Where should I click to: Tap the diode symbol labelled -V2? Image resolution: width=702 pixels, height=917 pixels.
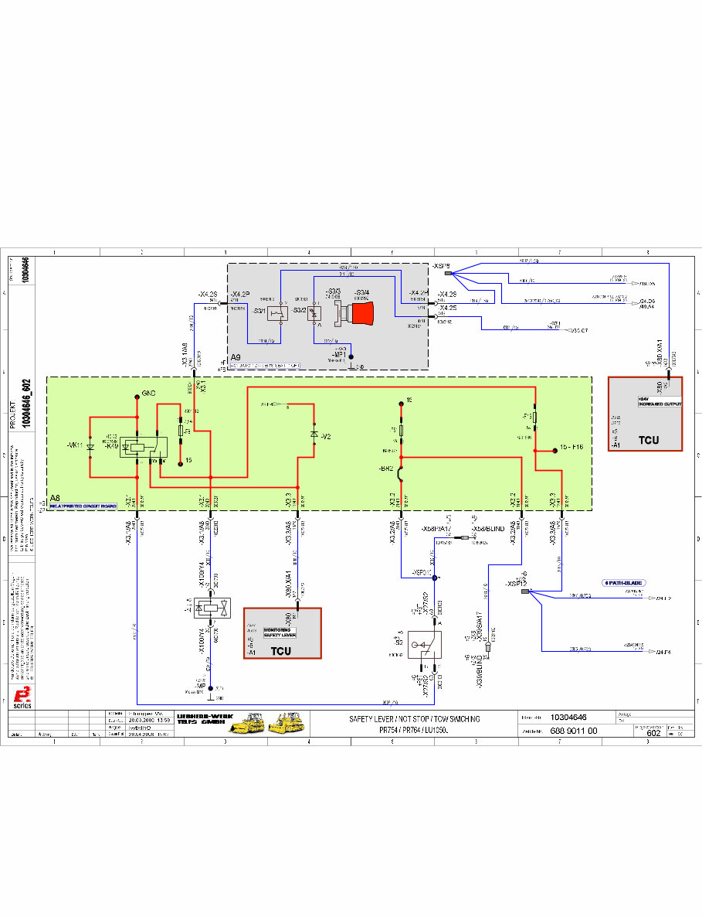(314, 435)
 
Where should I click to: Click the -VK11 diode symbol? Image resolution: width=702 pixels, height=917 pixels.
(91, 447)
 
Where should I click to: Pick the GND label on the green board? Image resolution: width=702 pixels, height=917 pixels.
(149, 394)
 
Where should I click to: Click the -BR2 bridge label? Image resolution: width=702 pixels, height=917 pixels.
(386, 469)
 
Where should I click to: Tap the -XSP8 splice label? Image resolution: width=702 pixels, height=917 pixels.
(441, 266)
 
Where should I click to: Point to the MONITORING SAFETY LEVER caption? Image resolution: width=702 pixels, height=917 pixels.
(280, 632)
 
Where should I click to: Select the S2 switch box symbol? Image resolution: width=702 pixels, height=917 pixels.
(426, 644)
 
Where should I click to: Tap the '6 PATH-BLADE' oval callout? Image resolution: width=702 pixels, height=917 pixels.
(623, 582)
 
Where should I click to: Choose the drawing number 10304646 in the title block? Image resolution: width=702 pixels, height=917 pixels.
(568, 718)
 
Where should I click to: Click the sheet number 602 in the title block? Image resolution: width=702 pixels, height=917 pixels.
(653, 733)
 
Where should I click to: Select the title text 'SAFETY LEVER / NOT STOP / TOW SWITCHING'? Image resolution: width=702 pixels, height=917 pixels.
(414, 719)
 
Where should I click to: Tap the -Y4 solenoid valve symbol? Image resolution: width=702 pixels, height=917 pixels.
(211, 608)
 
